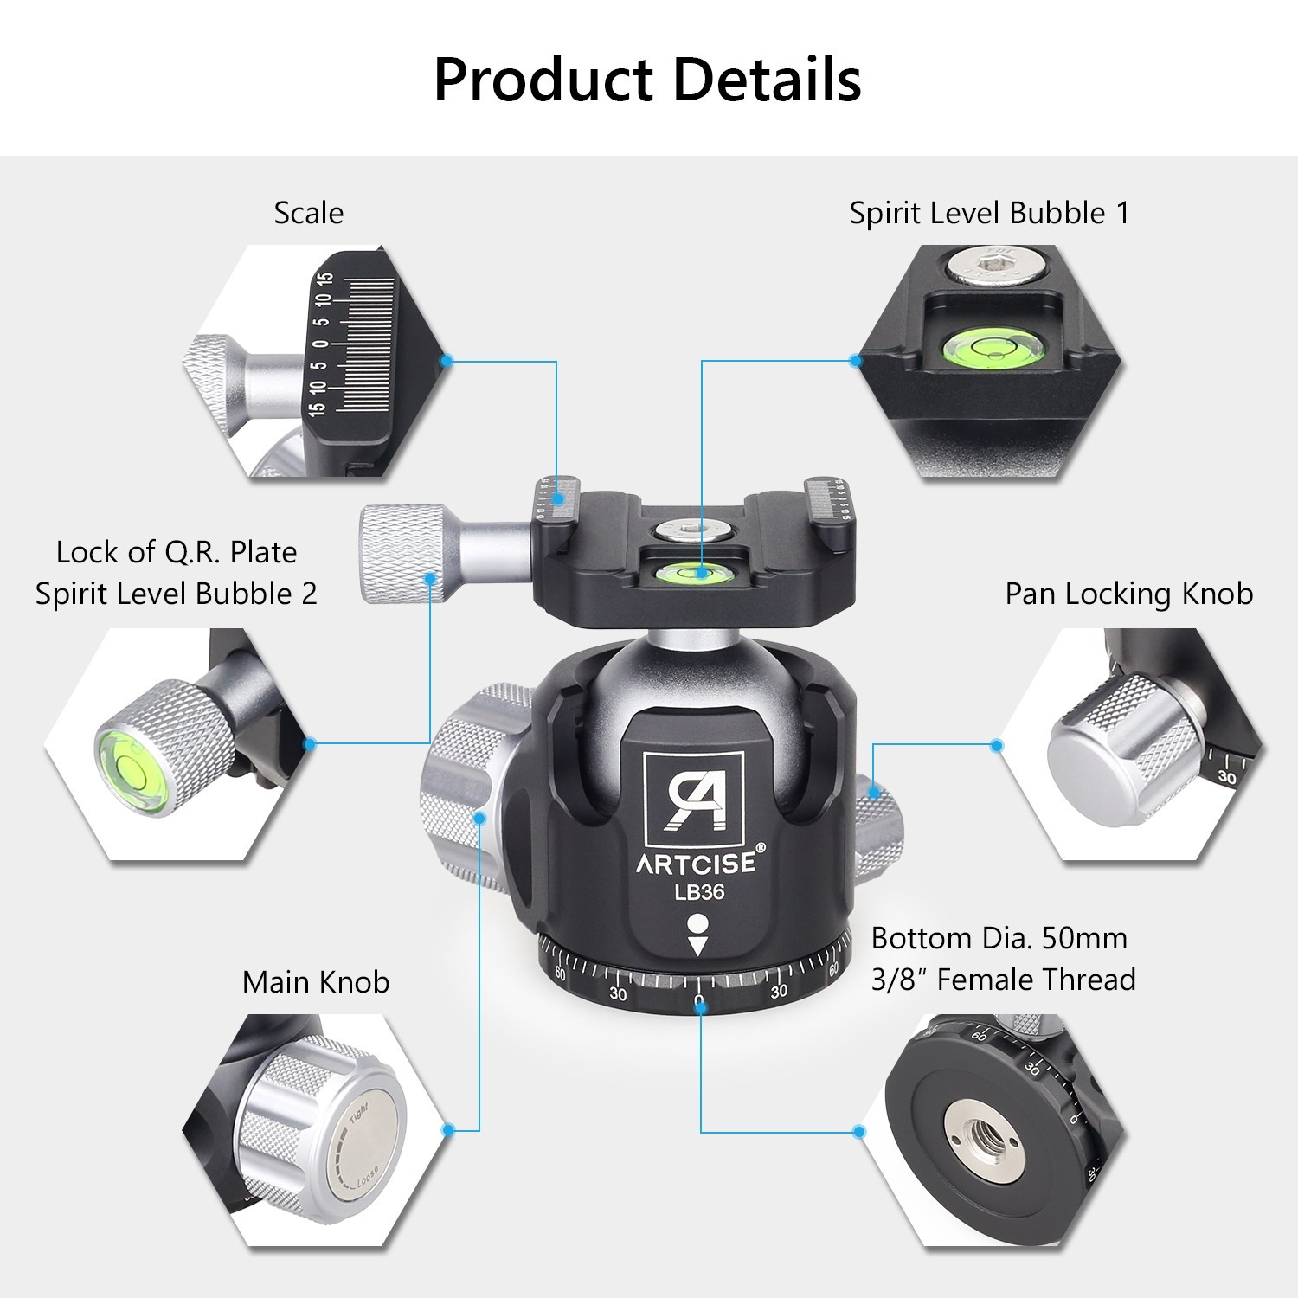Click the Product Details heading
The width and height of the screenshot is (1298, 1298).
click(x=647, y=80)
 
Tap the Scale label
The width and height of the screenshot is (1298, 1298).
click(x=308, y=213)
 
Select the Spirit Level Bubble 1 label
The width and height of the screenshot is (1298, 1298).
click(x=989, y=213)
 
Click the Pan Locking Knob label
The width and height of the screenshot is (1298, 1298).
click(x=1128, y=594)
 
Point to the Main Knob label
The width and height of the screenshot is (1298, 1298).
click(x=316, y=982)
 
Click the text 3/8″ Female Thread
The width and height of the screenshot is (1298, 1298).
click(x=1003, y=980)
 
